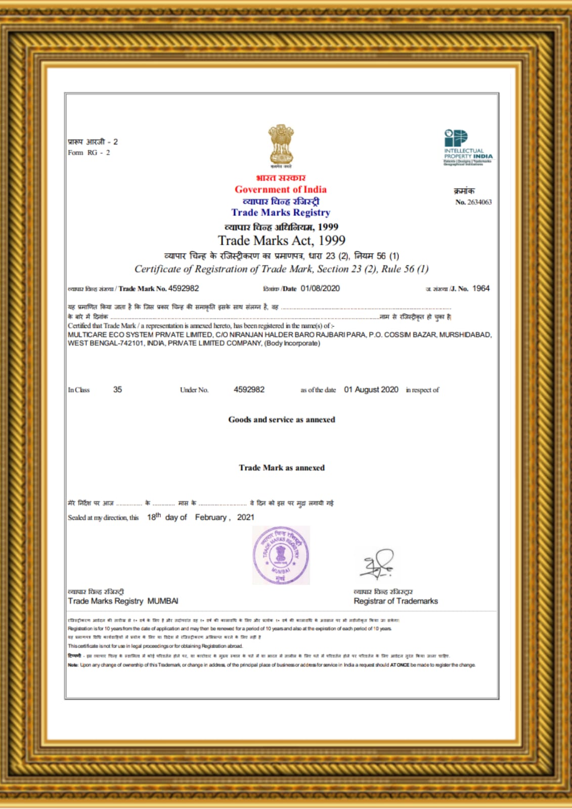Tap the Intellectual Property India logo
coord(468,147)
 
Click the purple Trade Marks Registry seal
coord(281,555)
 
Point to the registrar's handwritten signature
coord(377,564)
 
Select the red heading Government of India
coord(281,190)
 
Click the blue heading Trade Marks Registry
coord(281,213)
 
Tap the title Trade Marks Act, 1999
coord(282,241)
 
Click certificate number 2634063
coord(479,202)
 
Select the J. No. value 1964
coord(480,288)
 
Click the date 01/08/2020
coord(320,288)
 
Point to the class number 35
coord(117,390)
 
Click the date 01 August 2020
coord(371,390)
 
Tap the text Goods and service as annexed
coord(282,420)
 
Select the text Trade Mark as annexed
coord(282,468)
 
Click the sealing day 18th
coord(154,517)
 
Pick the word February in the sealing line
coord(212,517)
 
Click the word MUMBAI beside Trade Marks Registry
coord(163,601)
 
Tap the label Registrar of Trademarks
coord(395,601)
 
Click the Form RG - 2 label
coord(89,153)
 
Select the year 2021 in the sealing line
coord(246,517)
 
